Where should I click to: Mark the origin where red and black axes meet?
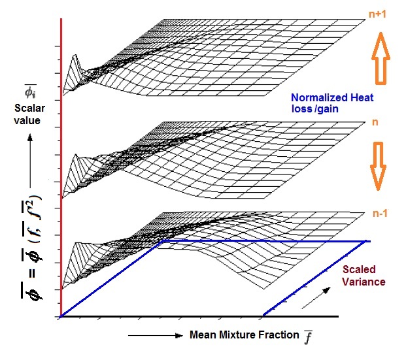(x=61, y=317)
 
